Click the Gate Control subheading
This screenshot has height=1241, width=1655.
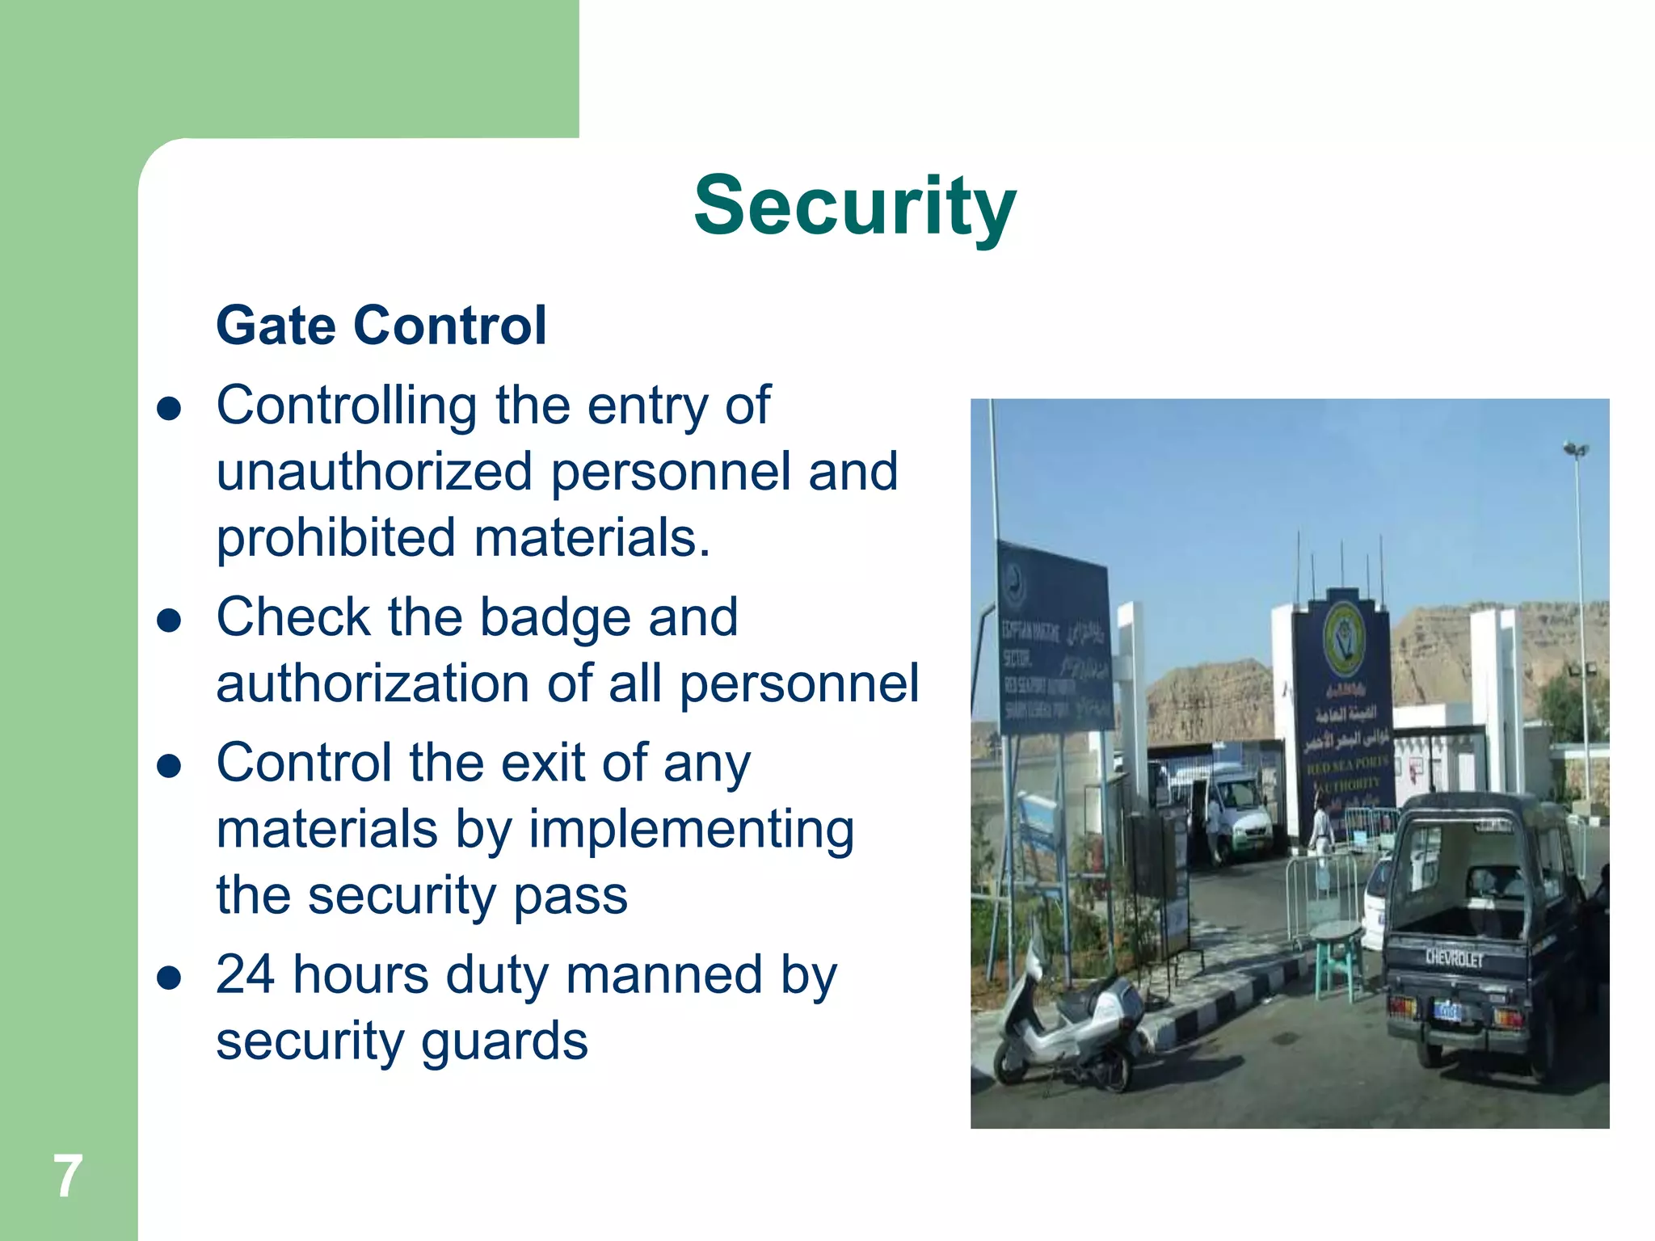(381, 326)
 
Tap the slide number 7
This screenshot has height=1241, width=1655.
(68, 1176)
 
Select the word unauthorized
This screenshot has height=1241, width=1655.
(374, 472)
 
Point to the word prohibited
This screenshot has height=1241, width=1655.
(335, 538)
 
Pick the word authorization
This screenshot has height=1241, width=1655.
(373, 684)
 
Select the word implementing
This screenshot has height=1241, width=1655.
(691, 831)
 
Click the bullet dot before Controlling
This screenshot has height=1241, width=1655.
(169, 410)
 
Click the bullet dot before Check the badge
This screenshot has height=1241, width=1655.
(169, 621)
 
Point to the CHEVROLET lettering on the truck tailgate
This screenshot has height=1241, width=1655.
(1454, 958)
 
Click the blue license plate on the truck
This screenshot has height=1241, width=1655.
(1447, 1010)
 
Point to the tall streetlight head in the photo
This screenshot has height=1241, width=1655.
(1575, 449)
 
